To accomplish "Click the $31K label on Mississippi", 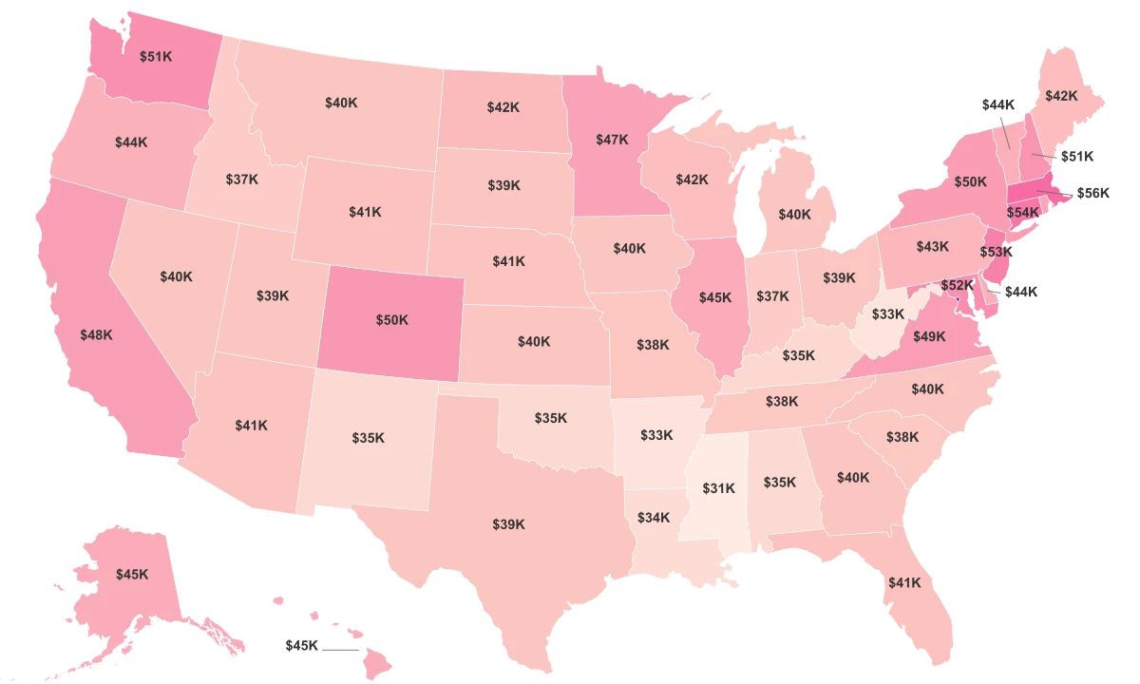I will tap(718, 488).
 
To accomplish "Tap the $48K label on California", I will tap(96, 334).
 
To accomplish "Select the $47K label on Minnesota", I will tap(613, 140).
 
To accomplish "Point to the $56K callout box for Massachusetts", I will tap(1092, 193).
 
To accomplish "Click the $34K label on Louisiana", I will tap(654, 518).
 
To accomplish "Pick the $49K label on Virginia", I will tap(929, 335).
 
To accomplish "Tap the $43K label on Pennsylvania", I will tap(932, 246).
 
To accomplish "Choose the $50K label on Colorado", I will tap(391, 320).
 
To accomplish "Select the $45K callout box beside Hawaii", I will tap(302, 645).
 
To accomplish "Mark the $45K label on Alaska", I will tap(132, 574).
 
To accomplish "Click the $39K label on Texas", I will tap(508, 523).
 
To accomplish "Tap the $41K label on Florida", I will tap(904, 582).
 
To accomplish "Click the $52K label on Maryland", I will tap(958, 285).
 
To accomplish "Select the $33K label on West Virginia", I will tap(888, 313).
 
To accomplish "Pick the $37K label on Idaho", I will tap(241, 179).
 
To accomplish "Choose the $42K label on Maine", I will tap(1061, 96).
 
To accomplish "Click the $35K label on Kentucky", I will tap(798, 355).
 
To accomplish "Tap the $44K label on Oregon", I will tap(131, 142).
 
